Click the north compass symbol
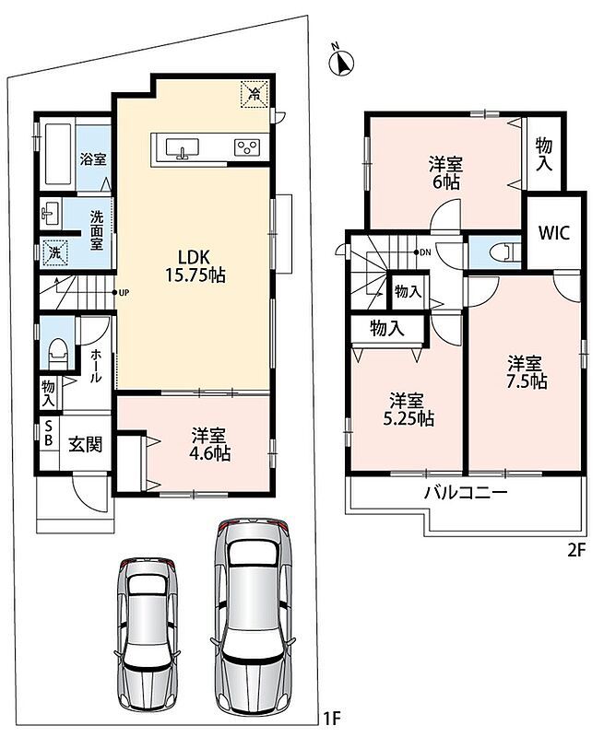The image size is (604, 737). [342, 63]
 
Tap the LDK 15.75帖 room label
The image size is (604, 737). [195, 265]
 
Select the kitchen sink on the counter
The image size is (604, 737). [182, 147]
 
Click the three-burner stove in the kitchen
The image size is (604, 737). [247, 147]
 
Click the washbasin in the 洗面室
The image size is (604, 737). [51, 214]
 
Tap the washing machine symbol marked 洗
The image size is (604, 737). [55, 252]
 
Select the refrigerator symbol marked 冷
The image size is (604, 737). [255, 95]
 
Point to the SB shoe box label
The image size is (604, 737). [49, 434]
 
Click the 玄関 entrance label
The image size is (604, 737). [86, 444]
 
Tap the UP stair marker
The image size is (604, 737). [122, 292]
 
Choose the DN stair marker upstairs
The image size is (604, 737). [422, 252]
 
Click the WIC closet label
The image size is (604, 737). [554, 233]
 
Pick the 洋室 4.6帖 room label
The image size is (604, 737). [210, 444]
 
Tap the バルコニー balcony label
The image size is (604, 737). [467, 493]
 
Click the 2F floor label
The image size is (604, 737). [576, 550]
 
